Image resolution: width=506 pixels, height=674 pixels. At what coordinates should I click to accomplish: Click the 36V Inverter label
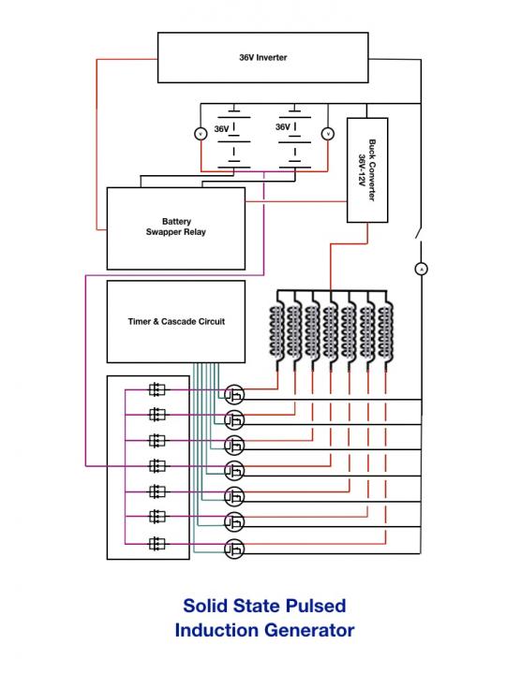pyautogui.click(x=263, y=57)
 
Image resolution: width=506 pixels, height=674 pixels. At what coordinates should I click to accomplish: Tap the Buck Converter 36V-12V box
pyautogui.click(x=367, y=170)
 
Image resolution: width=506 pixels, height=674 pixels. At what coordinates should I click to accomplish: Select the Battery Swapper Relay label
pyautogui.click(x=176, y=227)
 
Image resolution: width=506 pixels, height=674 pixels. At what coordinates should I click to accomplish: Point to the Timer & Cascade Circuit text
pyautogui.click(x=176, y=321)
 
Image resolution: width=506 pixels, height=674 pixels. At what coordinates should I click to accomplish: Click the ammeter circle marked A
pyautogui.click(x=422, y=269)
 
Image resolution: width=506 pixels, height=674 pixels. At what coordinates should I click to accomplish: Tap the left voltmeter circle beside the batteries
pyautogui.click(x=201, y=134)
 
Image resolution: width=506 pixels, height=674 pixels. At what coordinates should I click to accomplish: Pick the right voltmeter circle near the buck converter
pyautogui.click(x=328, y=134)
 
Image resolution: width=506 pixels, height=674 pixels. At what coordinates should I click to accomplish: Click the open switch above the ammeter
pyautogui.click(x=419, y=234)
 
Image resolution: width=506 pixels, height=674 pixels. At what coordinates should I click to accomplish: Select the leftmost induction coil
pyautogui.click(x=277, y=331)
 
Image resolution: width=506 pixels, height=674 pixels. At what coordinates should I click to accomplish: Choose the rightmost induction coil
pyautogui.click(x=385, y=331)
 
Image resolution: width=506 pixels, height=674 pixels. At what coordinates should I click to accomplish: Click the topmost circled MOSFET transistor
pyautogui.click(x=234, y=394)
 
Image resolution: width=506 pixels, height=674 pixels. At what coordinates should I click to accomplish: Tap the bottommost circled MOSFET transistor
pyautogui.click(x=234, y=549)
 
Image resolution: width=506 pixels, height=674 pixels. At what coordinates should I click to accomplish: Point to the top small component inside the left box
pyautogui.click(x=156, y=389)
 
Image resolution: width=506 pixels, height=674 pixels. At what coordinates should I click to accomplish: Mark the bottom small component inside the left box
pyautogui.click(x=156, y=544)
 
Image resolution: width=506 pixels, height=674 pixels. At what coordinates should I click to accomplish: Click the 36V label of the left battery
pyautogui.click(x=221, y=129)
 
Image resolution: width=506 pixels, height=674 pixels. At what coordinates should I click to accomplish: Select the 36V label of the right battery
pyautogui.click(x=283, y=127)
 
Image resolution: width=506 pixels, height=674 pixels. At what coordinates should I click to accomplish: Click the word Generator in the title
pyautogui.click(x=309, y=631)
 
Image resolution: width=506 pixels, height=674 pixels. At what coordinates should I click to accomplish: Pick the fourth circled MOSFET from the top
pyautogui.click(x=234, y=471)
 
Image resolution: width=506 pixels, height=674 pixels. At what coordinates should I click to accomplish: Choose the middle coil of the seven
pyautogui.click(x=332, y=331)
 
